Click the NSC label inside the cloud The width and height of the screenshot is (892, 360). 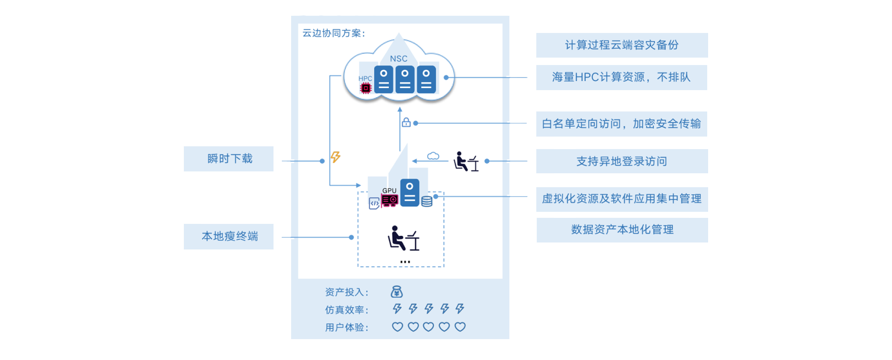(x=398, y=59)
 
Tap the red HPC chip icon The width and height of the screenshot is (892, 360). (x=366, y=88)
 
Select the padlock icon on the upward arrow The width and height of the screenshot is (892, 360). (x=406, y=122)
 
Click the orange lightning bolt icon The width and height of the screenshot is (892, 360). (x=335, y=157)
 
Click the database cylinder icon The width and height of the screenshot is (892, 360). (x=427, y=201)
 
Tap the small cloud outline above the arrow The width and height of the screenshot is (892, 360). (x=433, y=156)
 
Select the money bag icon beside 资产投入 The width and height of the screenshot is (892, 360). (x=397, y=292)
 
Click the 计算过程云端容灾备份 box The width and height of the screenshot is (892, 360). (x=621, y=45)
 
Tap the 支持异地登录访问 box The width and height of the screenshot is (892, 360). (x=621, y=161)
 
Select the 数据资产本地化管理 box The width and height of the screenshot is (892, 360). (x=622, y=229)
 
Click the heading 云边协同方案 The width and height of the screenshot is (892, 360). (x=333, y=33)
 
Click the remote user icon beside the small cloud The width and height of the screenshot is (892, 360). (x=466, y=162)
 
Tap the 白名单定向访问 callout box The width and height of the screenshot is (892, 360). (x=621, y=124)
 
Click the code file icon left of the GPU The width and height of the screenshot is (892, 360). (x=374, y=203)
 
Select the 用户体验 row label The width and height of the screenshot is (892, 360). (x=346, y=327)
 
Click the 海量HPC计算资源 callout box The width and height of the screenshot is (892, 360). (x=621, y=77)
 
